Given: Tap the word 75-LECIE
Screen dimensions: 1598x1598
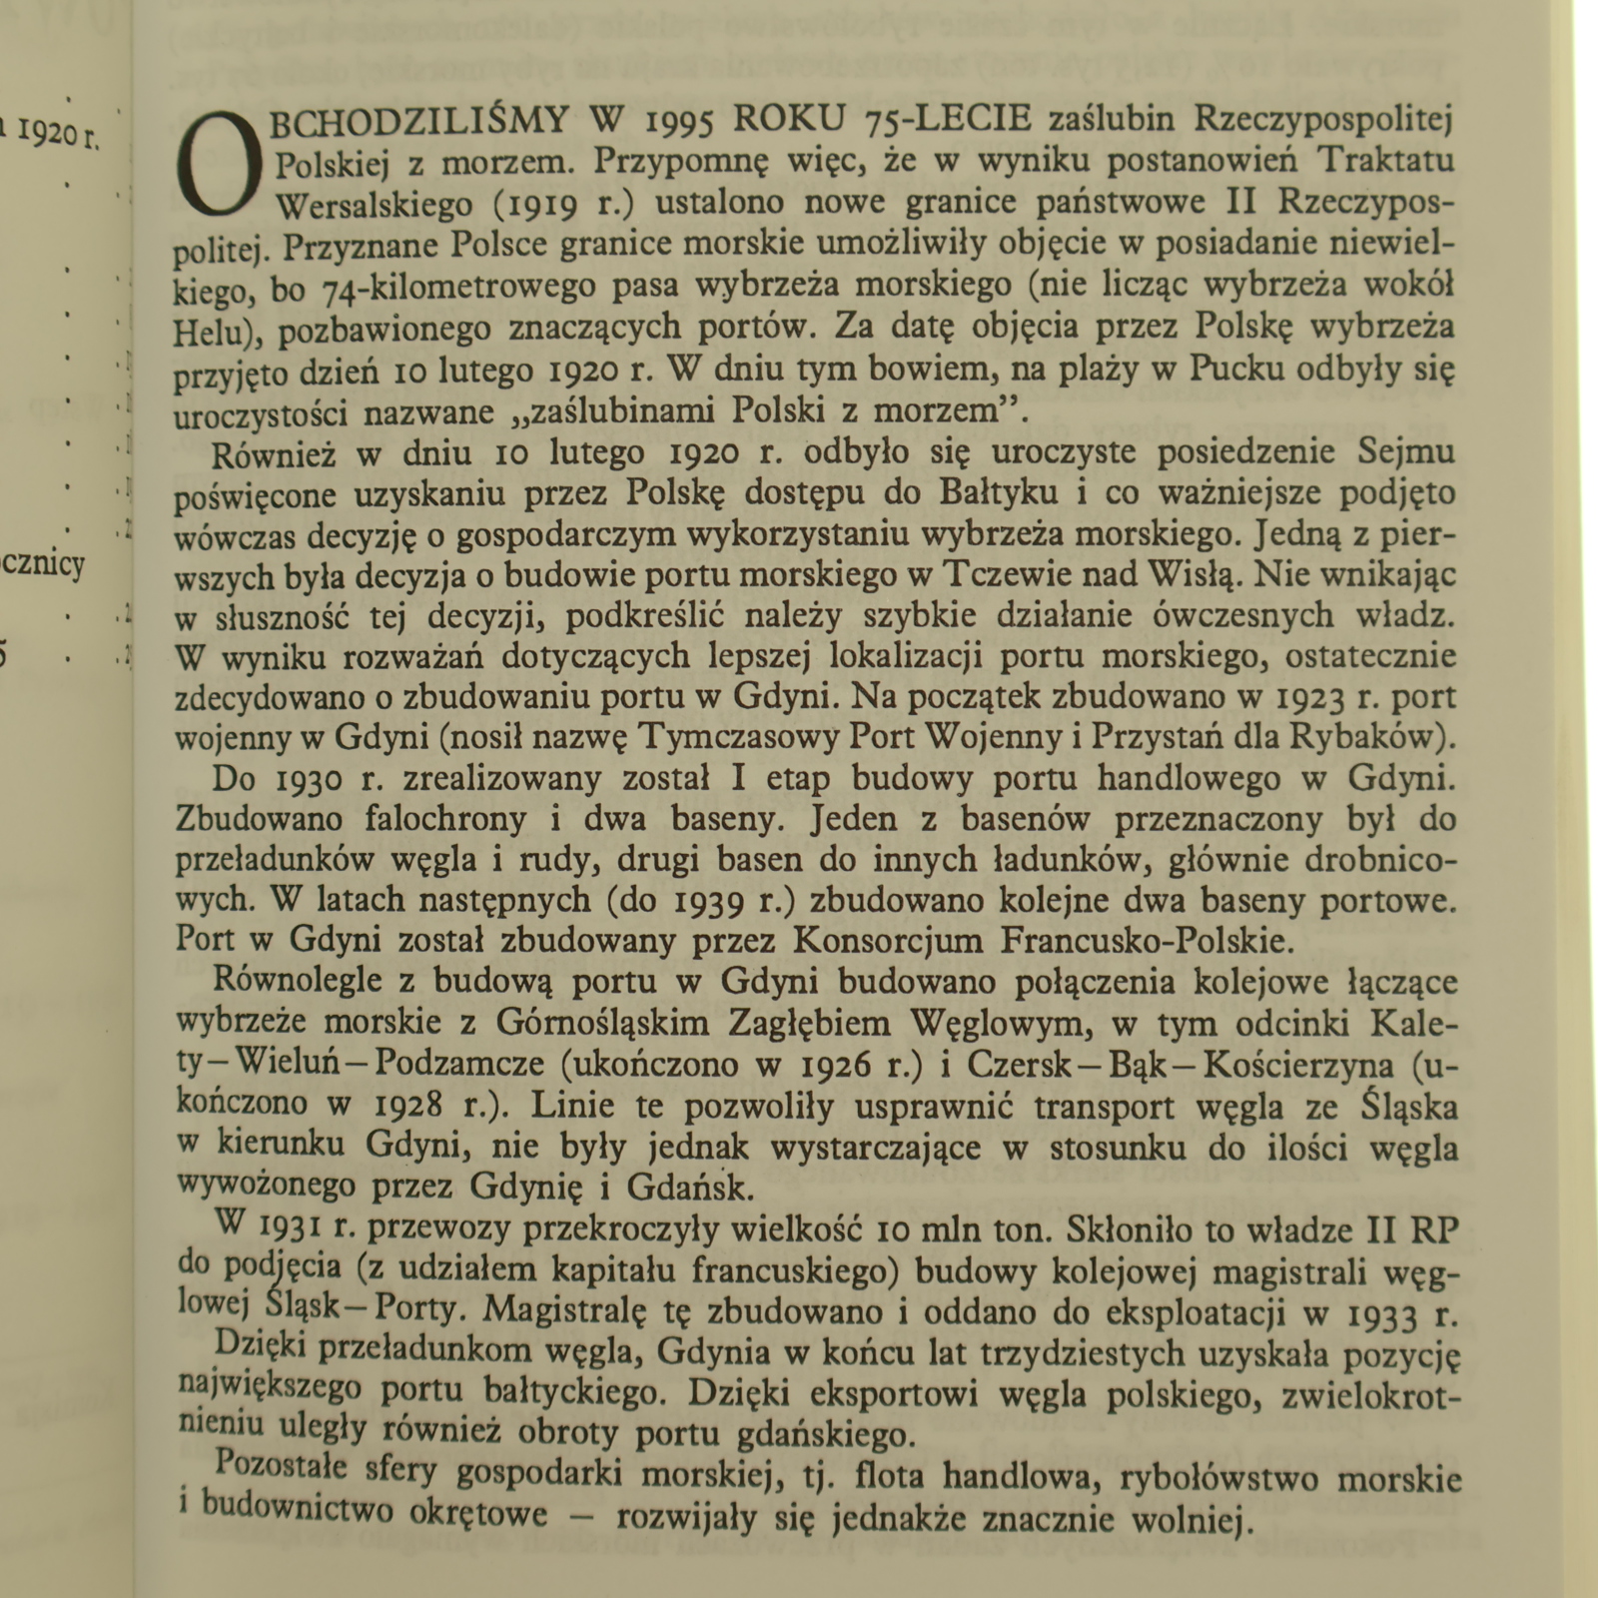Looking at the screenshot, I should [948, 120].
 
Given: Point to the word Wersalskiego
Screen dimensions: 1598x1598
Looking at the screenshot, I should [374, 205].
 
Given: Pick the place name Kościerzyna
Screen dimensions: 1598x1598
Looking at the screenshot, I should [1299, 1066].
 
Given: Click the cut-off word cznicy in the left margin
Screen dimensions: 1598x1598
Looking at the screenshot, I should [44, 565].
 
